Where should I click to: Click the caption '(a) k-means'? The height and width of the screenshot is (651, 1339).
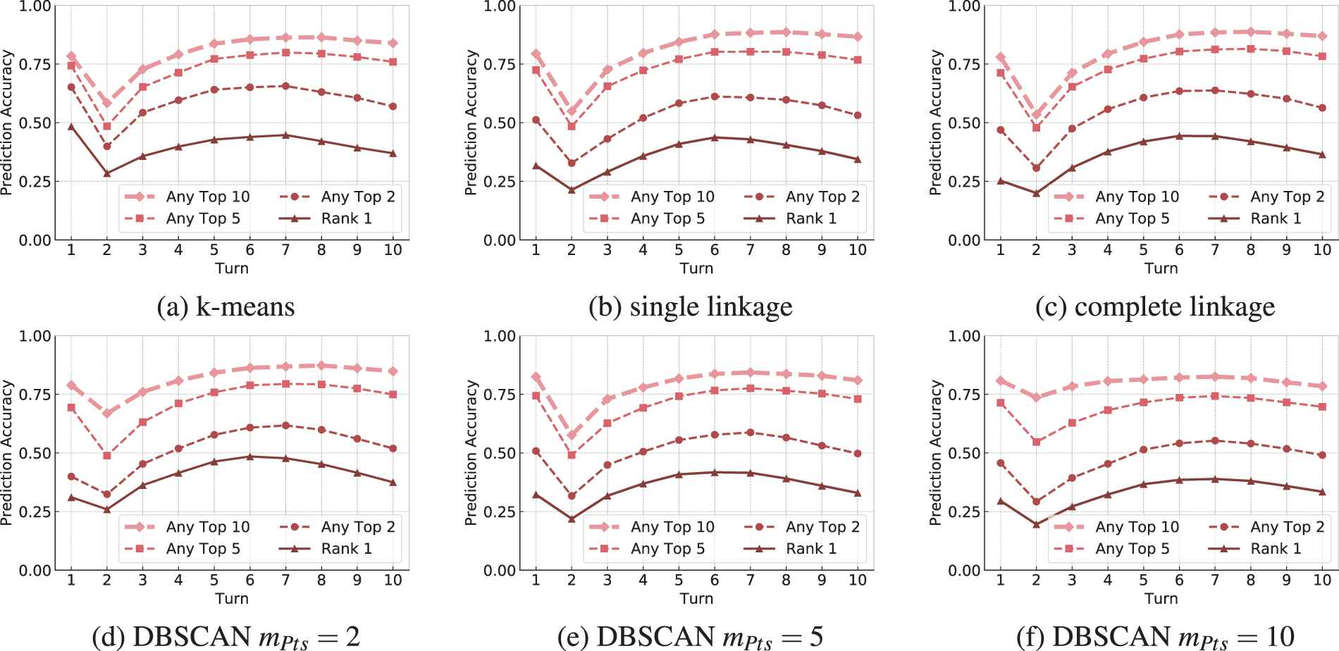click(x=226, y=307)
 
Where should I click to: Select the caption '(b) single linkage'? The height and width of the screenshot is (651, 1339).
click(x=690, y=307)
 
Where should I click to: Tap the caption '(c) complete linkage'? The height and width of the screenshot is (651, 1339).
click(x=1155, y=307)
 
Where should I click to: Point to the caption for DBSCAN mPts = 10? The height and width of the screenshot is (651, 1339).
click(x=1155, y=637)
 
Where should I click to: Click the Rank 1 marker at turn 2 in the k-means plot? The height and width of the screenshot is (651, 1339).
click(x=107, y=173)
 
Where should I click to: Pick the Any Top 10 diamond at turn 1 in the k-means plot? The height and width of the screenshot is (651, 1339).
click(x=71, y=56)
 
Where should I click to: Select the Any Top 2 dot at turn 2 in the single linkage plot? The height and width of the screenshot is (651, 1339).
click(x=572, y=163)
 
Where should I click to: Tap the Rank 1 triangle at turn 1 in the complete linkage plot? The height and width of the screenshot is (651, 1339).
click(x=1001, y=181)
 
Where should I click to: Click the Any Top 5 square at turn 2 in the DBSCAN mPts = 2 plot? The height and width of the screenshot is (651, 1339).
click(x=107, y=456)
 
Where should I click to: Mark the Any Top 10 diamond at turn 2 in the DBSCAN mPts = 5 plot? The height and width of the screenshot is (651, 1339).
click(x=572, y=435)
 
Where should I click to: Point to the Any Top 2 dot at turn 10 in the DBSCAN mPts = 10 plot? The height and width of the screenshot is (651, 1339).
click(x=1322, y=455)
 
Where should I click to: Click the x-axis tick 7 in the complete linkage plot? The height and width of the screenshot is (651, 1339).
click(x=1215, y=250)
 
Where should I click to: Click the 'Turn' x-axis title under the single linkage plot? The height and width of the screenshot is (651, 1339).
click(x=696, y=268)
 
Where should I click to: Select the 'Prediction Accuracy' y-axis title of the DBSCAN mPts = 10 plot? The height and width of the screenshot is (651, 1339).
click(x=936, y=453)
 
